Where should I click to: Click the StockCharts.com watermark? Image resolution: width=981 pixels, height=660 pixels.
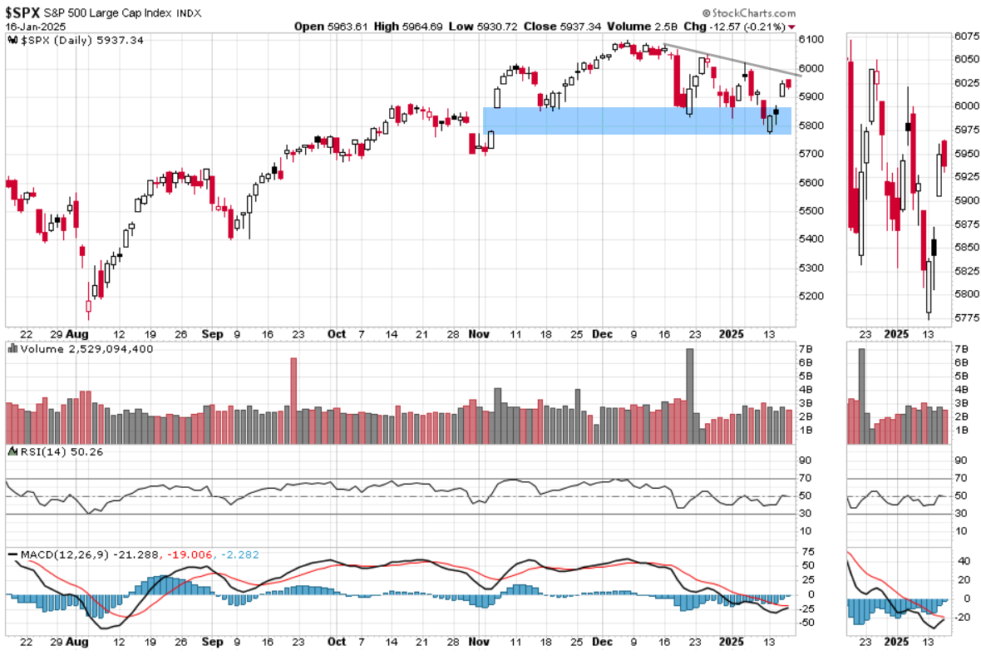[x=748, y=13]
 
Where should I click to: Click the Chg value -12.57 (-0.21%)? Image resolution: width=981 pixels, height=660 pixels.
[x=746, y=27]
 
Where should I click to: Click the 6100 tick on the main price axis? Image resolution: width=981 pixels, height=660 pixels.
[x=811, y=39]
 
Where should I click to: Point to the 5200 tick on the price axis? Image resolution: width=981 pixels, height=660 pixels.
[x=811, y=296]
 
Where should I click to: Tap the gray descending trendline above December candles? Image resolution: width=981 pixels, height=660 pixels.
[x=732, y=60]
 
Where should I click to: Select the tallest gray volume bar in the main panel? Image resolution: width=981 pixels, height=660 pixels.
[x=689, y=387]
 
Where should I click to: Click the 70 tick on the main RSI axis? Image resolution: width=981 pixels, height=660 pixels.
[x=804, y=478]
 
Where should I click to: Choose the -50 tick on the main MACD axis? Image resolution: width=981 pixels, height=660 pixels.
[x=806, y=623]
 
